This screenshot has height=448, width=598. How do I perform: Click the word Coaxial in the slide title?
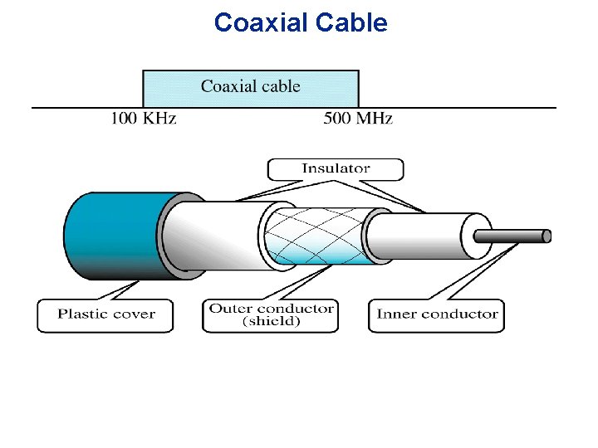point(261,22)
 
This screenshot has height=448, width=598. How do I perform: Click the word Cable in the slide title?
point(352,22)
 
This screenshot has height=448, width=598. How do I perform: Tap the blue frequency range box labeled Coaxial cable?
point(251,87)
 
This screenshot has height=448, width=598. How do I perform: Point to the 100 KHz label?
point(144,119)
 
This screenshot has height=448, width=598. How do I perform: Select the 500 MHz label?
point(358,119)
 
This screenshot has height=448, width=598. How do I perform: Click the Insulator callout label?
point(335,169)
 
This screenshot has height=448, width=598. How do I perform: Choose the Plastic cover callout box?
point(105,315)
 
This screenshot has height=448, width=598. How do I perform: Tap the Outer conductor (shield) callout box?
point(271,315)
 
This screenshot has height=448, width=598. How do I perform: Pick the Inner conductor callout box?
point(437,315)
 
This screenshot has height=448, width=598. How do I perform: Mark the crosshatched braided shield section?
point(316,235)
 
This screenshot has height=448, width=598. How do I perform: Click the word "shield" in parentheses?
point(271,322)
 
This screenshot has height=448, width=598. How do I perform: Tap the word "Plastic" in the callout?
point(83,314)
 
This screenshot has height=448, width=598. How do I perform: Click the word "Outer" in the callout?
point(229,309)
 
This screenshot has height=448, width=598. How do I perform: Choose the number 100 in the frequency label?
point(125,119)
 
